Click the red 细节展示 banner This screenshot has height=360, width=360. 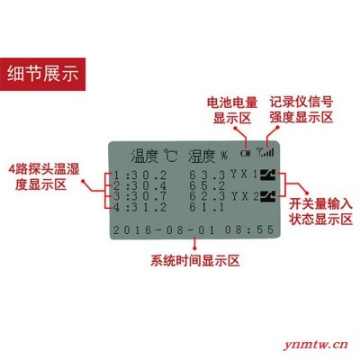tap(42, 74)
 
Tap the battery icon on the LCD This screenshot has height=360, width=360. tap(246, 153)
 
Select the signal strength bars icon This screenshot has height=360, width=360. tap(265, 152)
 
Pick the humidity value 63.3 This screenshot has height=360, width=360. tap(207, 175)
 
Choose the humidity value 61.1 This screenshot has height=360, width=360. tap(206, 207)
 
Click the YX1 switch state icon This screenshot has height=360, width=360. tap(267, 175)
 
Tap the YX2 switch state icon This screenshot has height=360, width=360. tap(267, 196)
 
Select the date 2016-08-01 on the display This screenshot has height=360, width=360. tap(164, 230)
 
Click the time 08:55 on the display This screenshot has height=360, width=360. tap(249, 230)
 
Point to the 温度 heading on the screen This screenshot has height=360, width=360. tap(144, 156)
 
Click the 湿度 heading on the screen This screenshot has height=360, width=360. tap(202, 156)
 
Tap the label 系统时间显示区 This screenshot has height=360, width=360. tap(195, 260)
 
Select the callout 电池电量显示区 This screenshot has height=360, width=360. tap(232, 111)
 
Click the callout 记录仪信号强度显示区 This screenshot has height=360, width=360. tap(301, 110)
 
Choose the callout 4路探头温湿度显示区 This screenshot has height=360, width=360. tap(44, 177)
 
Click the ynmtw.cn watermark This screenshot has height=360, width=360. tap(316, 344)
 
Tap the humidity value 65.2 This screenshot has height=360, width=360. tap(207, 185)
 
